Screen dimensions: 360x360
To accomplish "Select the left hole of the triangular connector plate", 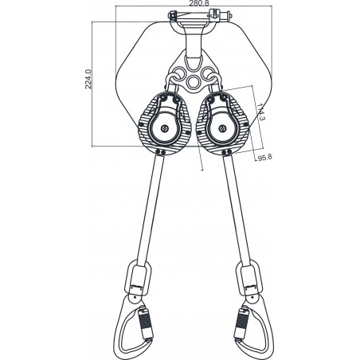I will click(174, 77).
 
